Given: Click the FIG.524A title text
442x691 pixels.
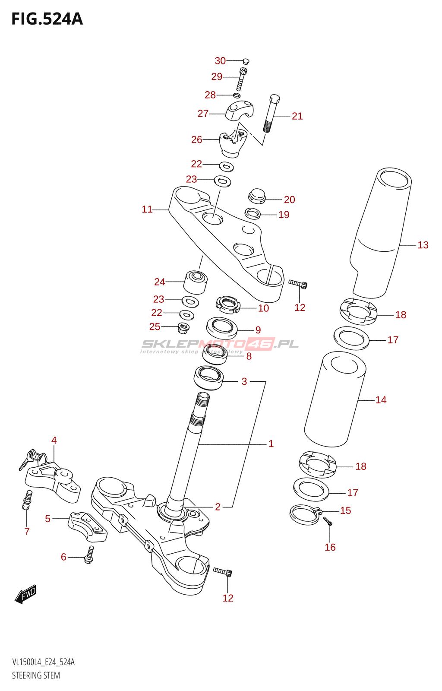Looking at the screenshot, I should pos(47,19).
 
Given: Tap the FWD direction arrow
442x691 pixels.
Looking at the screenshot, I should pos(26,594).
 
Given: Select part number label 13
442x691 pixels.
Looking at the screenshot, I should pos(423,245).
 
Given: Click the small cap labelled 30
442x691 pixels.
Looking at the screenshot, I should pos(246,61).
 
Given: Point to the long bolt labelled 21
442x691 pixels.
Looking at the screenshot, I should pos(271,113).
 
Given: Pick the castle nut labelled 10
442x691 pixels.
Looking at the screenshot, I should pos(227,304).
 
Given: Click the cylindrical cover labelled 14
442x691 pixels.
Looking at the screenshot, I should pos(335,399).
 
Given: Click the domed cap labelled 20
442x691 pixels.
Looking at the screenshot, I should pos(257,196).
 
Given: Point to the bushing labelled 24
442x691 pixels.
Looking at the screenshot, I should pos(196,282).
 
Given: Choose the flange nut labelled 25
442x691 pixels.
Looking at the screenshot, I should pos(183,328).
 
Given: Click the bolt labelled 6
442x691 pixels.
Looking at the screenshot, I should pos(89,555).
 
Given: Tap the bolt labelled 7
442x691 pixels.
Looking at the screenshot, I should pos(27,500).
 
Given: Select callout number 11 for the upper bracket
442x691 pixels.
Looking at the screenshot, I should pos(147,209).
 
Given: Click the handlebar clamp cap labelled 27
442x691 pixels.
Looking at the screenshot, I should pos(239,111).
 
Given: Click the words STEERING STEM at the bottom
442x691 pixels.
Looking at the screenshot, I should pos(36,675).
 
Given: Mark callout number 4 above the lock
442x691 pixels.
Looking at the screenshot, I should pos(54,440).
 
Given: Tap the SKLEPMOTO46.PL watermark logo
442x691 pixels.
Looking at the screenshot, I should pos(220,345).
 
